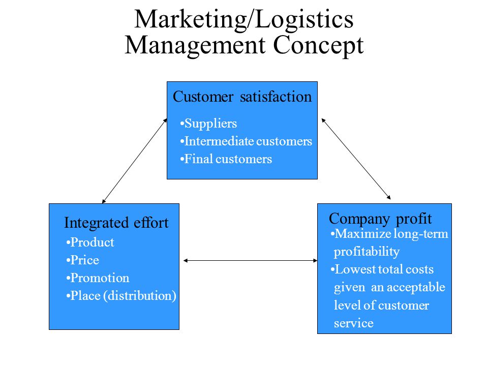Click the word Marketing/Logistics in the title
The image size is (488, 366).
[x=244, y=20]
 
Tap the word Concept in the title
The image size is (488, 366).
[x=318, y=46]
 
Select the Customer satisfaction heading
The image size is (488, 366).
[x=242, y=97]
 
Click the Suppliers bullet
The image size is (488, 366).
[x=208, y=124]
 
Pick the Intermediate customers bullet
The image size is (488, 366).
[x=246, y=141]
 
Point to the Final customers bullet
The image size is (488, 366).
[x=226, y=159]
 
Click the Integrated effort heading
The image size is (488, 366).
[x=116, y=223]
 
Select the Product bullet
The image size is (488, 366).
[x=90, y=242]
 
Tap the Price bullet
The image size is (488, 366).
[x=83, y=260]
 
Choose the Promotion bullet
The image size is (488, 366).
[x=98, y=278]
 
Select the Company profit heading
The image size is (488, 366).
[x=380, y=219]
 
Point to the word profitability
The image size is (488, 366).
[x=367, y=252]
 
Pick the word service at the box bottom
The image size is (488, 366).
[x=354, y=323]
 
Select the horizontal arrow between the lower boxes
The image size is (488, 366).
[x=250, y=260]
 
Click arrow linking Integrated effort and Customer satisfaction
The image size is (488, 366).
[x=135, y=161]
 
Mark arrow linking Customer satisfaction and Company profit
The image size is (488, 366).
[x=356, y=159]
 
